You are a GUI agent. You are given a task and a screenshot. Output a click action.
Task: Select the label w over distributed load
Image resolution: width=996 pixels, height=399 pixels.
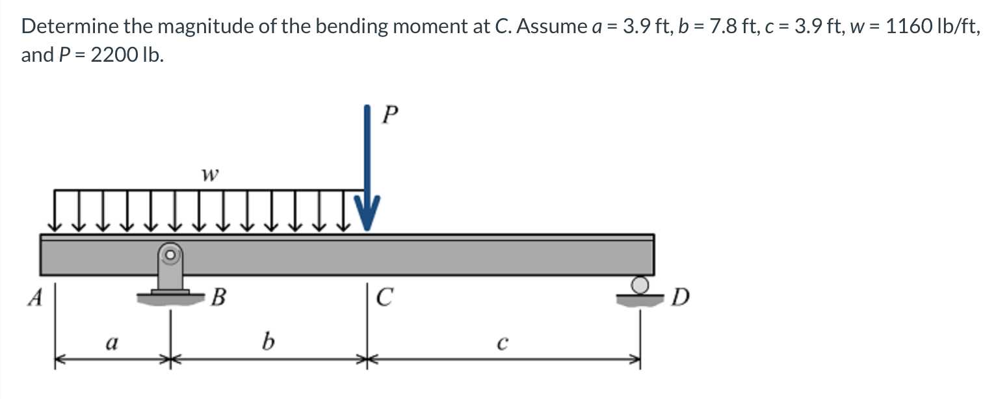tap(209, 175)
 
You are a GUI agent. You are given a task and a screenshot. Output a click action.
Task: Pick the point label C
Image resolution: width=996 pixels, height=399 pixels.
tap(385, 298)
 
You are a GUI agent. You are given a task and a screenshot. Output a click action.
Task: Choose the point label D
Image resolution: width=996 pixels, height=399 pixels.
tap(680, 299)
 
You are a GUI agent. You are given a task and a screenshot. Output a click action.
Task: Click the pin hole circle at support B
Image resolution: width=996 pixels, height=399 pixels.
tap(171, 255)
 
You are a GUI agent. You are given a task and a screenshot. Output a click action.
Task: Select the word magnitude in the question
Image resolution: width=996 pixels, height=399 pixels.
tap(206, 27)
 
